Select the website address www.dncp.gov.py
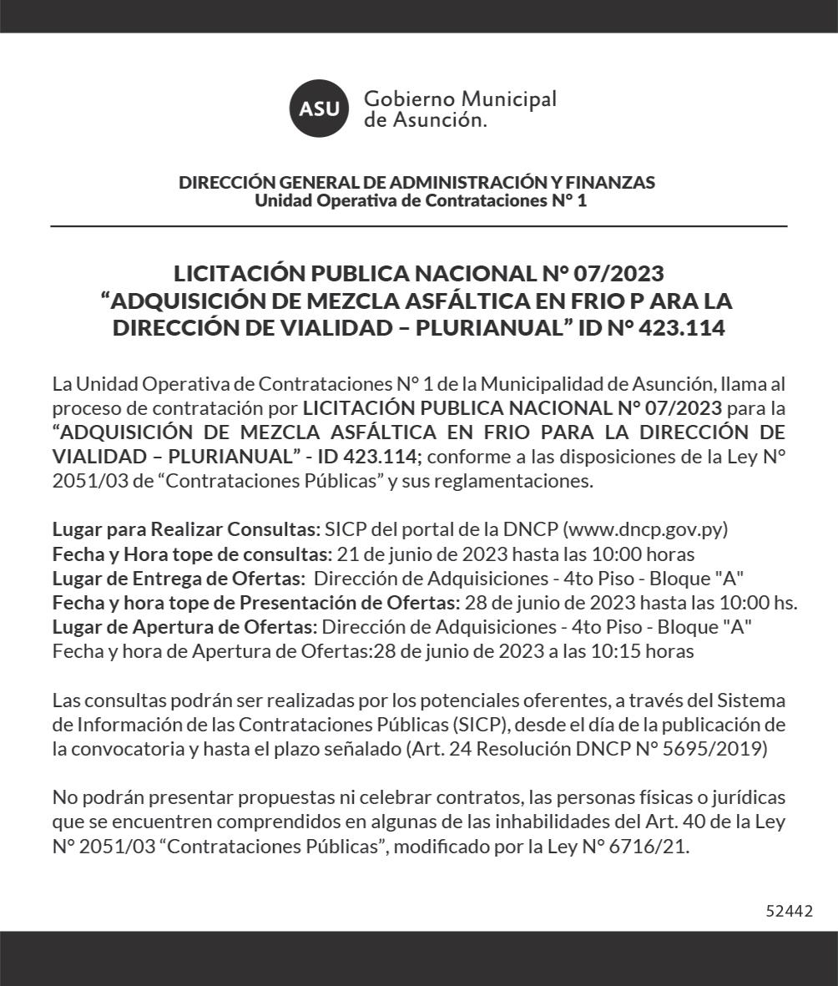[646, 529]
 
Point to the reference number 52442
[789, 911]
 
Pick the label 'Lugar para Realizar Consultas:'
[186, 529]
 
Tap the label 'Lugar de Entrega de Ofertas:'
[178, 578]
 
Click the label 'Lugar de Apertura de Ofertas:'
[184, 627]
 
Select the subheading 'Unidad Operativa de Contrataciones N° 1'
[420, 201]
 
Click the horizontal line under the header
[418, 226]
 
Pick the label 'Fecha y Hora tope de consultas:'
[193, 554]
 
